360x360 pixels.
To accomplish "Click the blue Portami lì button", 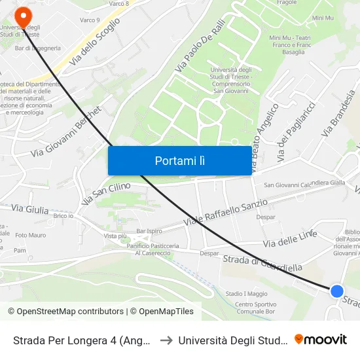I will [179, 160].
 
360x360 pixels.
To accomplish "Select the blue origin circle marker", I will [336, 291].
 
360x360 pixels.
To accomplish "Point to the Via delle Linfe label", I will [289, 239].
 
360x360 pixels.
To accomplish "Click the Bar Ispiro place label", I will [149, 231].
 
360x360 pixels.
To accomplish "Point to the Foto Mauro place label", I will [30, 235].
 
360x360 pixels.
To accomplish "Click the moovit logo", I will [320, 339].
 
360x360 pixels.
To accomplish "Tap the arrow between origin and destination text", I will [166, 340].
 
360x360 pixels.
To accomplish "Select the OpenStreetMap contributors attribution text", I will [65, 312].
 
